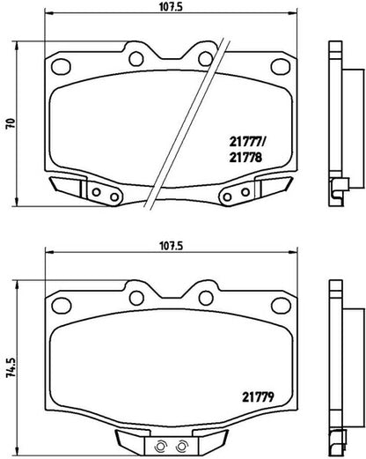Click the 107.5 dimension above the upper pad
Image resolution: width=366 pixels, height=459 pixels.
[x=171, y=7]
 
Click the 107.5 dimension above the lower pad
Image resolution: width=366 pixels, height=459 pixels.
[x=171, y=246]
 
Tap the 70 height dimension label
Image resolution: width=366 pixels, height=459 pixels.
[x=11, y=123]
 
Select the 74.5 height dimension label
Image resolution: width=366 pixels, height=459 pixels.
[x=11, y=367]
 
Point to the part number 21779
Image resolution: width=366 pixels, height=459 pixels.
[x=258, y=397]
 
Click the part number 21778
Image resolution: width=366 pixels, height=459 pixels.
[x=245, y=158]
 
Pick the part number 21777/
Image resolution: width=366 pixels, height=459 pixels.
[x=247, y=142]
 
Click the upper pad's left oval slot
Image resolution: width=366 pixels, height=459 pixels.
[x=61, y=67]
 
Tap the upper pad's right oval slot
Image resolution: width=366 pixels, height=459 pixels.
[x=281, y=67]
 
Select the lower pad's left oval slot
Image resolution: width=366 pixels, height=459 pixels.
[x=61, y=306]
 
